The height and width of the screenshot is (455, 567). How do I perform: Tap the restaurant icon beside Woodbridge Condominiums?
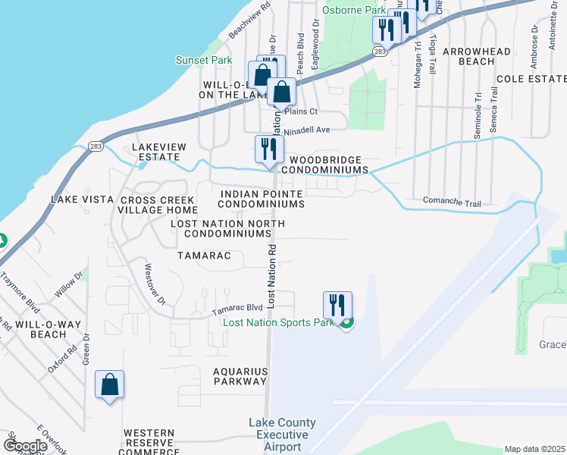[268, 151]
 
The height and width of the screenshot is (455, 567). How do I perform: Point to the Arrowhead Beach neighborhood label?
[468, 55]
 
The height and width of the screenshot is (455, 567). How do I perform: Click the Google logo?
[25, 446]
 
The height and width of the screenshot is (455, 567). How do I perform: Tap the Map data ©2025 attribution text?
[534, 449]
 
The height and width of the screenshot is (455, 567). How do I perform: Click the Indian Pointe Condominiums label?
[262, 199]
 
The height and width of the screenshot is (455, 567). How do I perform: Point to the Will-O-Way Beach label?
[48, 328]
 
